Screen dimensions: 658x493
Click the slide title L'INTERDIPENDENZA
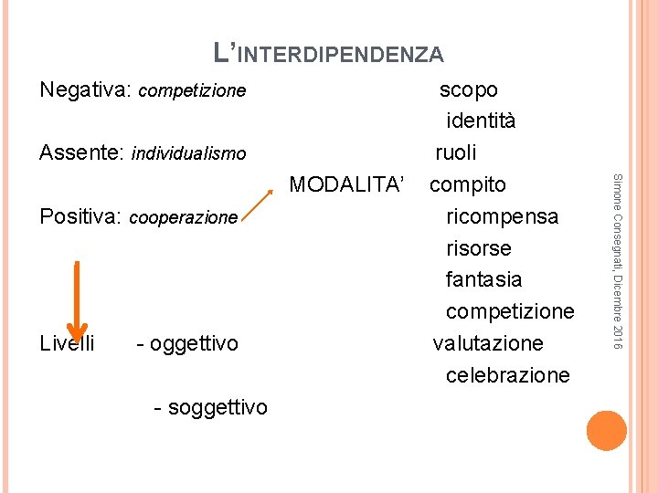coord(328,53)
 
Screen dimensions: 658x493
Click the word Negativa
coord(86,90)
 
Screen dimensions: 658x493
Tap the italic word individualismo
coord(189,153)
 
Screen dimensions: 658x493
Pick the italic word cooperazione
coord(184,218)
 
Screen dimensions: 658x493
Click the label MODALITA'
coord(346,185)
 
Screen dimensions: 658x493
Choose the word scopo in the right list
coord(469,89)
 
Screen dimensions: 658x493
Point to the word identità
coord(481,121)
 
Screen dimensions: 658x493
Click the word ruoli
coord(456,152)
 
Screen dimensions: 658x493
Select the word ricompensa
coord(502,217)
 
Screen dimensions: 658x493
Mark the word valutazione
coord(488,343)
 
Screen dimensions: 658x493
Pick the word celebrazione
coord(507,375)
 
